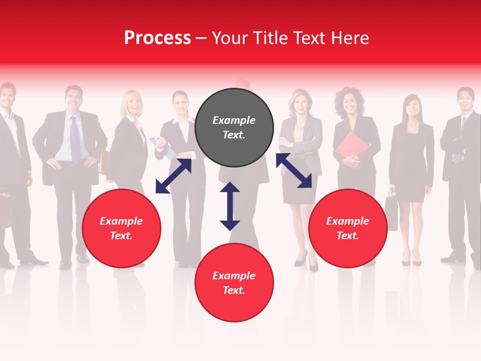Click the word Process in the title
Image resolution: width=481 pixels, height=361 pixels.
pyautogui.click(x=157, y=38)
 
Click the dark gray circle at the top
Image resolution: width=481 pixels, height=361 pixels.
pyautogui.click(x=234, y=127)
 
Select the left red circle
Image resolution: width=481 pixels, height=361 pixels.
pyautogui.click(x=121, y=228)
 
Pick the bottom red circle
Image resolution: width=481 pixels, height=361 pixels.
pyautogui.click(x=234, y=283)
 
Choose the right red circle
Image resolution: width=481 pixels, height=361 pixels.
pyautogui.click(x=348, y=228)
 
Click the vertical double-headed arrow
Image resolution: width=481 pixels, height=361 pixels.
pyautogui.click(x=230, y=206)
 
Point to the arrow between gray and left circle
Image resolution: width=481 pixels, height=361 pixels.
pyautogui.click(x=173, y=176)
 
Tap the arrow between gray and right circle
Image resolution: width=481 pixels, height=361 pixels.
pyautogui.click(x=294, y=170)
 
